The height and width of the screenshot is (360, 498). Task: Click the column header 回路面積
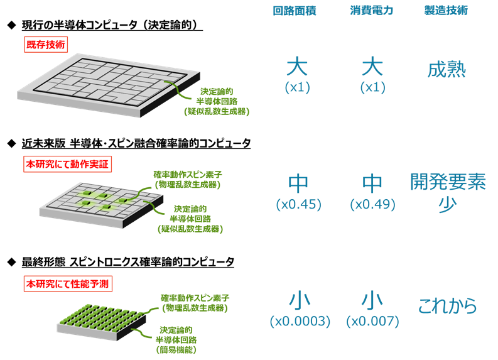point(295,11)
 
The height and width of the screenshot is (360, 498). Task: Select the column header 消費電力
point(372,11)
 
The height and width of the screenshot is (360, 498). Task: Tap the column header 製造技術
point(446,11)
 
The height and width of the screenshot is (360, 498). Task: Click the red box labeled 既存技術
point(46,45)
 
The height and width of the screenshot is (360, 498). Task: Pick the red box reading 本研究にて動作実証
point(67,164)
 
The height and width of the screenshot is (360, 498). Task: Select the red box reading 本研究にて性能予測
point(68,284)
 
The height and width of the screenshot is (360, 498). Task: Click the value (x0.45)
point(299,204)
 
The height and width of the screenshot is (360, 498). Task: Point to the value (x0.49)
point(372,204)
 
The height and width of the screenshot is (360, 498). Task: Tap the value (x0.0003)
point(300,321)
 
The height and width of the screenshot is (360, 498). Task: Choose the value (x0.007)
point(372,321)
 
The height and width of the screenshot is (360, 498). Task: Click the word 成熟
point(447,70)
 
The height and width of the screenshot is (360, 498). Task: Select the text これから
point(447,306)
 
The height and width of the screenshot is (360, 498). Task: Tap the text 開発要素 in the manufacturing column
point(448,182)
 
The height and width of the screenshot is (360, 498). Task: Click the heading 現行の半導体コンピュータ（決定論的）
point(112,25)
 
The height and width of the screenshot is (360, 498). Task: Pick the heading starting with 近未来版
point(136,143)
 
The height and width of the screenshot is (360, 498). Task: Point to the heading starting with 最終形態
point(127,262)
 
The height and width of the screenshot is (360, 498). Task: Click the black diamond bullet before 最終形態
point(11,262)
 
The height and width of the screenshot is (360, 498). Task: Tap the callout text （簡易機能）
point(176,350)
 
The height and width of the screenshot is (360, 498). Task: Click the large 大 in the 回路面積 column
point(297,66)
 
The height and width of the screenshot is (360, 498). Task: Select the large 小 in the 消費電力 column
point(372,301)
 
